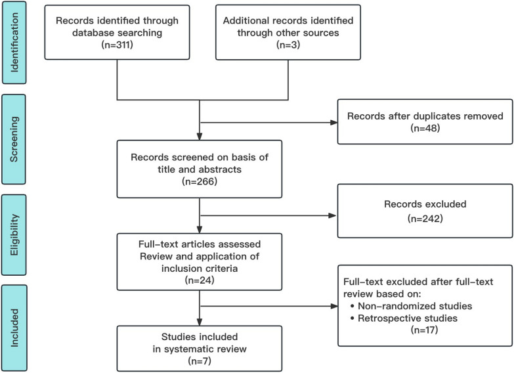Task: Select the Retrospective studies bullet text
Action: tap(418, 318)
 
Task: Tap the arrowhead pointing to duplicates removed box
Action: tap(333, 123)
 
